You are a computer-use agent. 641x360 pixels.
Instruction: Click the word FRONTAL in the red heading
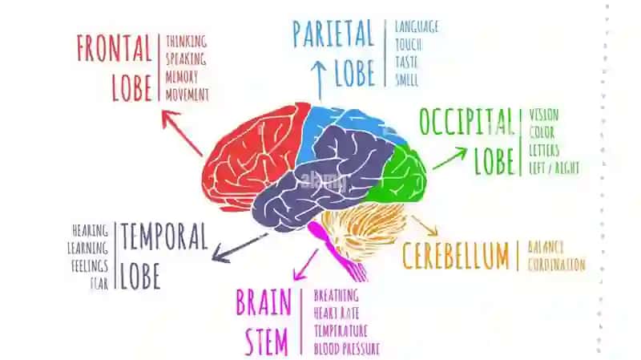click(x=114, y=48)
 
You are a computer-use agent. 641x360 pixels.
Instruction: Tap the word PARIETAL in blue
click(x=333, y=34)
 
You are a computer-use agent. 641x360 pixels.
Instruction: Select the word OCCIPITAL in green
click(x=466, y=122)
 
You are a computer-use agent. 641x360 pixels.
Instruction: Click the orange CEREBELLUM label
click(x=456, y=256)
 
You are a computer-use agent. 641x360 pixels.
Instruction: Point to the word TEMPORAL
click(x=164, y=237)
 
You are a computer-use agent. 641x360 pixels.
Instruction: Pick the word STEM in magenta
click(x=267, y=342)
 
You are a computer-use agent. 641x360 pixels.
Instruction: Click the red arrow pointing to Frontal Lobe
click(x=182, y=132)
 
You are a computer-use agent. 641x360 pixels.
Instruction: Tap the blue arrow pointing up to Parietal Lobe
click(x=318, y=79)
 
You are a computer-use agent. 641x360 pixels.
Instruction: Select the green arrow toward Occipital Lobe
click(x=450, y=158)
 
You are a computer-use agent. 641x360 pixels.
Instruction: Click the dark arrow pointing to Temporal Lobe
click(x=240, y=248)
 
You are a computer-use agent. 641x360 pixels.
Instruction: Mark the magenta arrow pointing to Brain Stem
click(x=306, y=265)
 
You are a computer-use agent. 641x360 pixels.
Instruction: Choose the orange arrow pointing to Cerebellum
click(x=425, y=225)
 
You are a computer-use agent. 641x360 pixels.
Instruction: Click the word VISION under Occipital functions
click(x=544, y=115)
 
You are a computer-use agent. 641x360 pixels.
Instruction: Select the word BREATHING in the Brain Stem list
click(x=336, y=295)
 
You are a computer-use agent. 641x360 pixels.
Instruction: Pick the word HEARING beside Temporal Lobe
click(x=90, y=230)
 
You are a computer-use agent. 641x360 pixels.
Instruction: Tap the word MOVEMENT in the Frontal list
click(x=187, y=95)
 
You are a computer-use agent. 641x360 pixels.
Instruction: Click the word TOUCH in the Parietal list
click(x=409, y=45)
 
